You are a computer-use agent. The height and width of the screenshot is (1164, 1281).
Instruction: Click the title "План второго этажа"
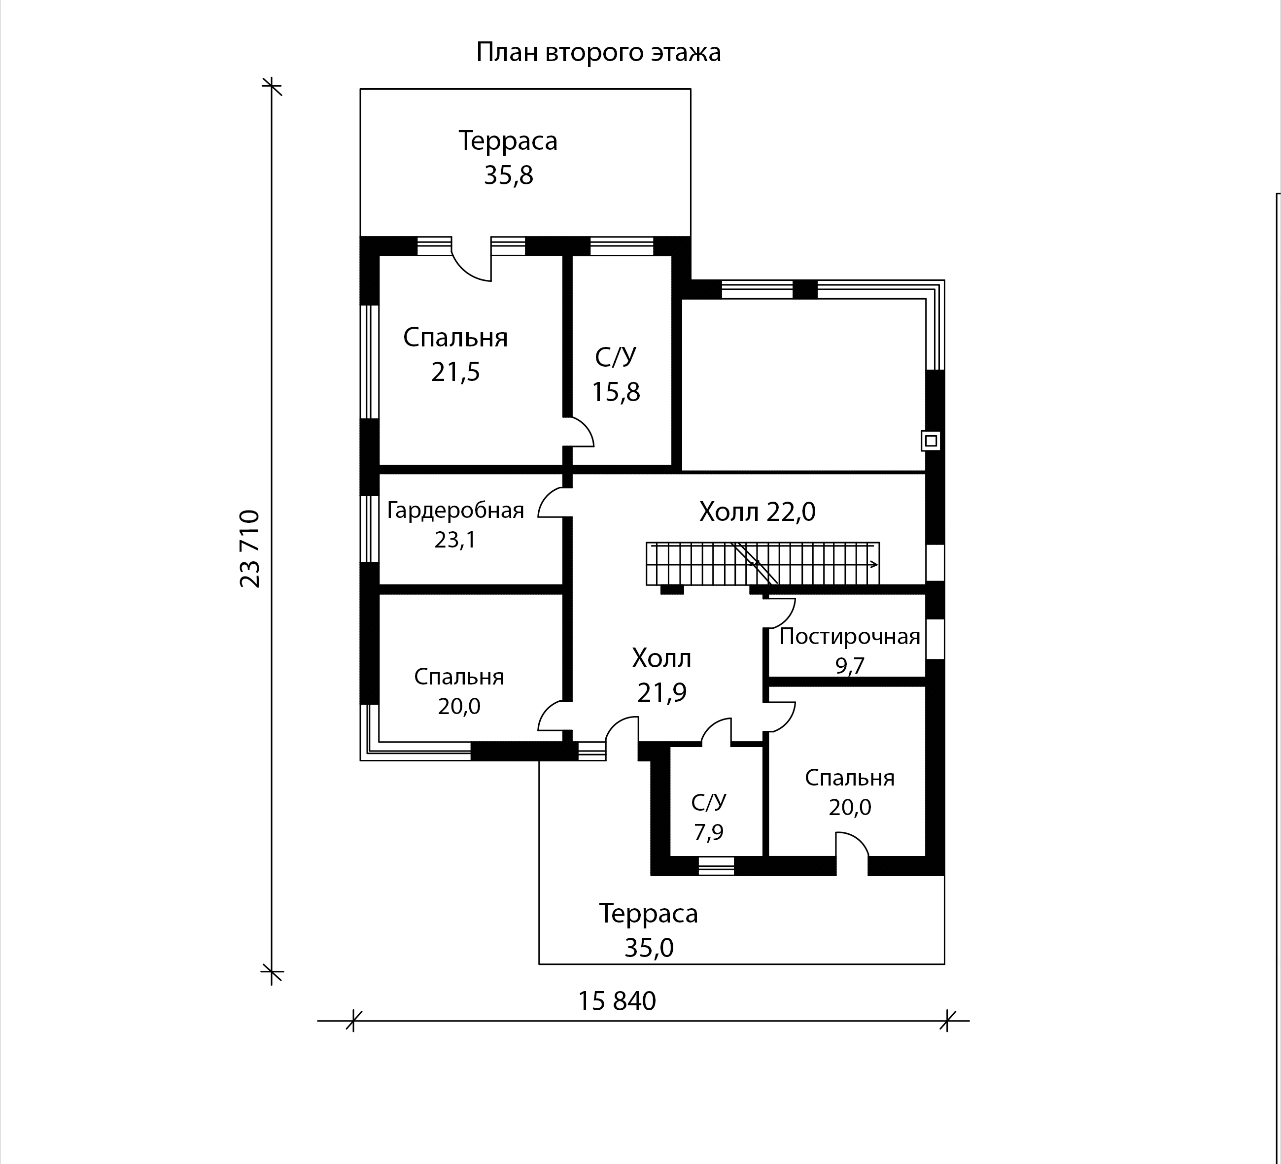click(x=598, y=53)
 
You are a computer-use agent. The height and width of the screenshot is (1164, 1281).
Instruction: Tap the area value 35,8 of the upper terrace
click(x=508, y=175)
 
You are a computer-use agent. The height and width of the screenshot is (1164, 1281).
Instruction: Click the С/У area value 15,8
click(x=616, y=392)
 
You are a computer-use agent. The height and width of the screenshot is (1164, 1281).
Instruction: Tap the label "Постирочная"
click(x=850, y=636)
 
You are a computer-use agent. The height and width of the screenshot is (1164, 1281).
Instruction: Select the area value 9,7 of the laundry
click(x=850, y=666)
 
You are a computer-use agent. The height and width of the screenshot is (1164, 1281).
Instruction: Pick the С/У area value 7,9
click(x=708, y=832)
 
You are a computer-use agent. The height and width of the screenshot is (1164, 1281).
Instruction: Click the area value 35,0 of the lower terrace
click(x=649, y=948)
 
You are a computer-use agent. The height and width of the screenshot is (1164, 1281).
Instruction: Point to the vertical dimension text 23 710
click(x=250, y=549)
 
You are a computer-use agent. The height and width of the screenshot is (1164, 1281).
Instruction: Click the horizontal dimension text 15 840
click(x=617, y=1001)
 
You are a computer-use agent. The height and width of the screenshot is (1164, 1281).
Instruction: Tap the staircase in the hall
click(x=762, y=564)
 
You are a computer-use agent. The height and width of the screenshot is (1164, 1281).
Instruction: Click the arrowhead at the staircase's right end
click(x=875, y=564)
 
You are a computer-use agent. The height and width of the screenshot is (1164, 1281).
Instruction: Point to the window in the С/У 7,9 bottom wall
click(x=716, y=866)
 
